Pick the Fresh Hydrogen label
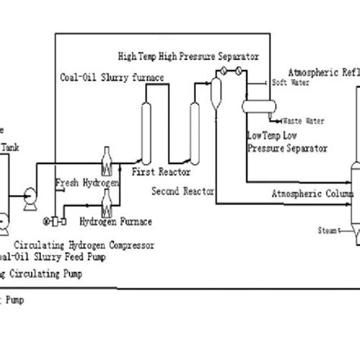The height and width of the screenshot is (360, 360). [80, 183]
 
